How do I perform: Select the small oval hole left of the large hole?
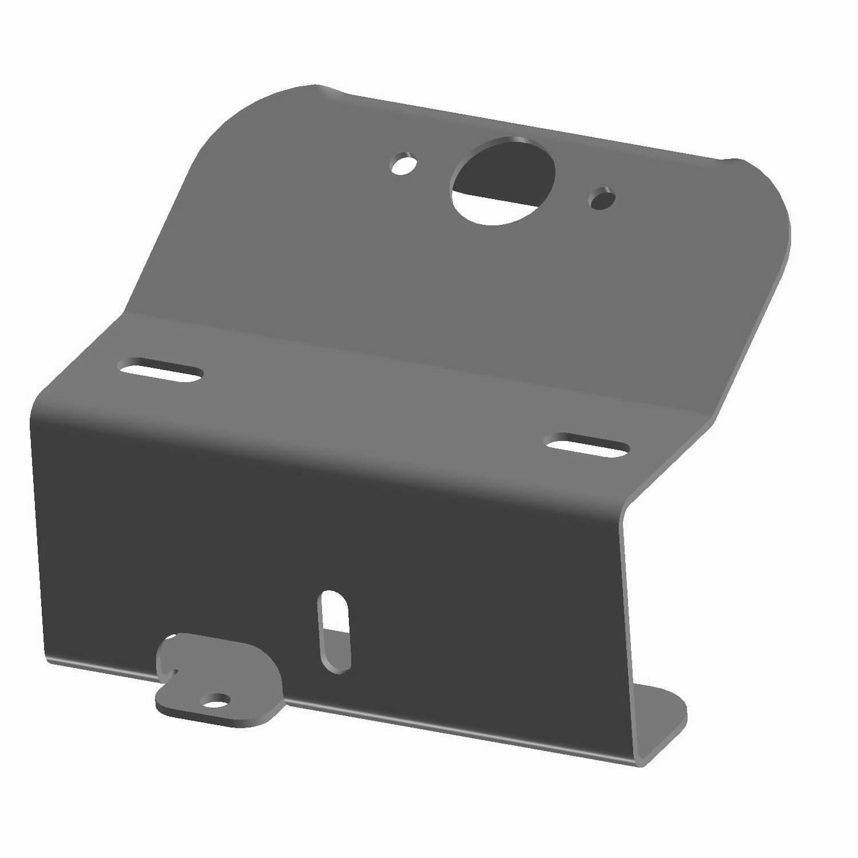[x=403, y=163]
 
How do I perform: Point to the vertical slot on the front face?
[x=336, y=629]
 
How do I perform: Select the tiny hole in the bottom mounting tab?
[x=217, y=698]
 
